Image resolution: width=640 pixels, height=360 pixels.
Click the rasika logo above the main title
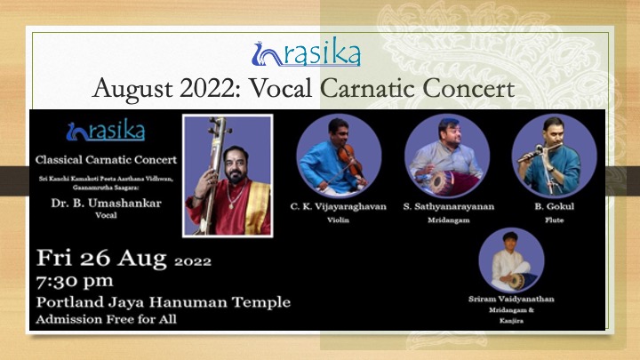(306, 52)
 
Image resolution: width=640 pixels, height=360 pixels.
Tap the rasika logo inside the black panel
(106, 130)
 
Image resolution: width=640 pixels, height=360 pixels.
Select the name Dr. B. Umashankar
(106, 203)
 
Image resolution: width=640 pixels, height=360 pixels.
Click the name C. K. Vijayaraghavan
(339, 206)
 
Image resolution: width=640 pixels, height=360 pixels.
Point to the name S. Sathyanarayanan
(449, 206)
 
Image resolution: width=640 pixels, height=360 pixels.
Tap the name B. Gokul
(555, 206)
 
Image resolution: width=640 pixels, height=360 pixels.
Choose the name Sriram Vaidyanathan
(511, 299)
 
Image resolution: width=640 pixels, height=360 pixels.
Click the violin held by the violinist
(349, 160)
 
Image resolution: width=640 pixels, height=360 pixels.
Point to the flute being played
(540, 151)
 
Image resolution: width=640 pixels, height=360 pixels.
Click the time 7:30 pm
(75, 282)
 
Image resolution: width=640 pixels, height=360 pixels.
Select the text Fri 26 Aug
(101, 258)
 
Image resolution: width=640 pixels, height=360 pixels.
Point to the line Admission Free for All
(106, 319)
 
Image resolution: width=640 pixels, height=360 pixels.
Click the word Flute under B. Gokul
(555, 220)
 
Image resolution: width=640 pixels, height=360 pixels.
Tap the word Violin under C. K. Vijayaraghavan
(339, 220)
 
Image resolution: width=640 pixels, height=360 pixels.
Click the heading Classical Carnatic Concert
(106, 160)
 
